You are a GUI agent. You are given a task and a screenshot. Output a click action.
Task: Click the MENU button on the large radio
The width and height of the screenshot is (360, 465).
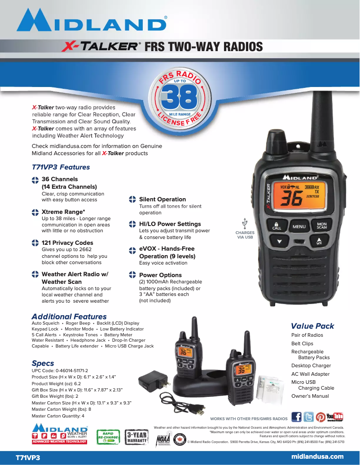click(x=299, y=226)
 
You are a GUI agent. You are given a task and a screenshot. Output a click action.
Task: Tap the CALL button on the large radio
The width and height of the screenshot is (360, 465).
click(x=277, y=226)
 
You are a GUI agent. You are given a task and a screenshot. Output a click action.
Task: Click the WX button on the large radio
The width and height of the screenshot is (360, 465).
click(x=319, y=243)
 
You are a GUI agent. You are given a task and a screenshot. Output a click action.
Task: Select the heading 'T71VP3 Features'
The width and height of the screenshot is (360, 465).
click(x=61, y=167)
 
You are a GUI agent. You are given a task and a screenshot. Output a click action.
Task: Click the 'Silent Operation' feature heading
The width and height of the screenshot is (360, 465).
click(x=162, y=199)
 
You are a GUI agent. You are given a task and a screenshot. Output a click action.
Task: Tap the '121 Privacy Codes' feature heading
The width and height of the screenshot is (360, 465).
click(x=67, y=243)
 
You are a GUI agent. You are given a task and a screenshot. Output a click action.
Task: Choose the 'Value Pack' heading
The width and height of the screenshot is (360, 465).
click(x=312, y=326)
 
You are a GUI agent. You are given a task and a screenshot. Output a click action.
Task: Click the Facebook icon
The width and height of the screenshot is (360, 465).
click(x=296, y=417)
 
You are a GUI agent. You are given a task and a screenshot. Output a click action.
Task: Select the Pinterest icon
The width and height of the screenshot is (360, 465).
click(x=320, y=417)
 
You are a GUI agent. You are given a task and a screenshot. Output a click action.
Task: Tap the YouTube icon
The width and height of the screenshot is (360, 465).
click(x=335, y=417)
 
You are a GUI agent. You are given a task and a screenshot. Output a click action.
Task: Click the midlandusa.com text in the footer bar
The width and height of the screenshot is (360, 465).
click(x=317, y=456)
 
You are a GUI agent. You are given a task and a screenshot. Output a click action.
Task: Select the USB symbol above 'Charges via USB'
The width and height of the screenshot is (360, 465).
click(x=245, y=223)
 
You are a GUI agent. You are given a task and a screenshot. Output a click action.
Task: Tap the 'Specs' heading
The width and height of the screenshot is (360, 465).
click(x=43, y=363)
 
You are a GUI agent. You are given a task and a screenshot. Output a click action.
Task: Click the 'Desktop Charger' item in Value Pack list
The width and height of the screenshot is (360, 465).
click(x=311, y=366)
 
